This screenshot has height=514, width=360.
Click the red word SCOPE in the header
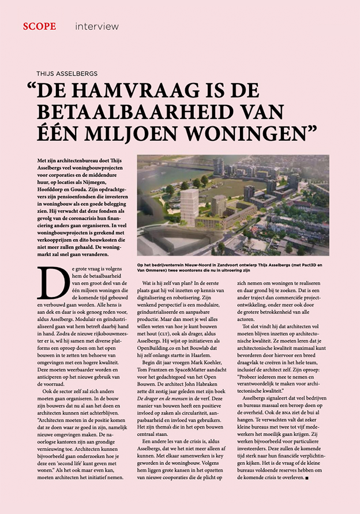(39, 27)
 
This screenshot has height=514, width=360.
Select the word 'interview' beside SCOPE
(96, 27)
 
